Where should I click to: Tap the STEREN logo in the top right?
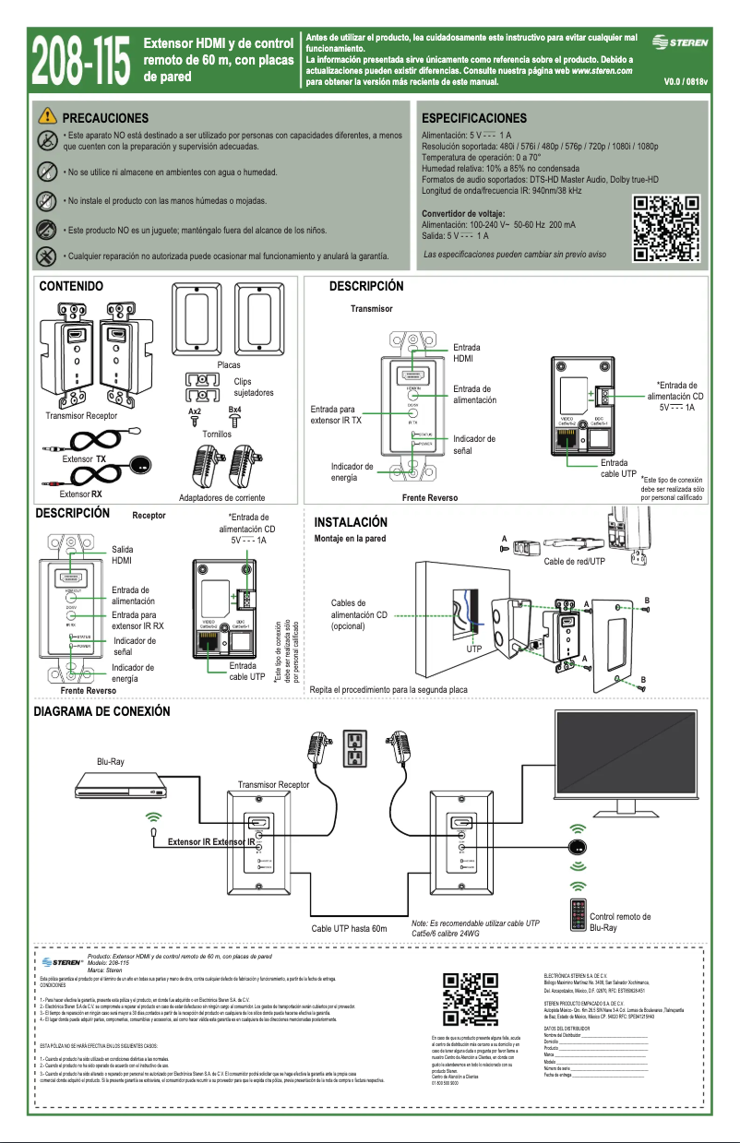click(x=681, y=42)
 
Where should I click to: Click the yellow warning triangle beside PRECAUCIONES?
click(x=47, y=117)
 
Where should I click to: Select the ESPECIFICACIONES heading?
click(x=473, y=118)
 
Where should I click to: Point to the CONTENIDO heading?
click(x=70, y=288)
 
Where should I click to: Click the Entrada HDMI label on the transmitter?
click(x=466, y=352)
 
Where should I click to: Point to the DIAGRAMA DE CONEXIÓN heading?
click(x=101, y=712)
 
